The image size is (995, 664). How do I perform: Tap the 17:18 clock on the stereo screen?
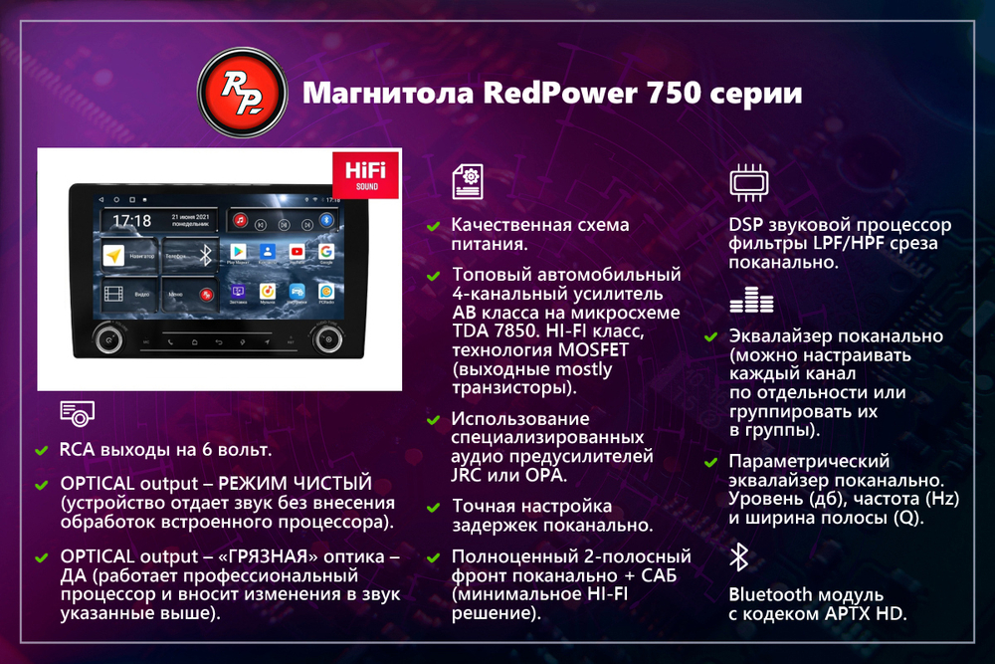point(132,220)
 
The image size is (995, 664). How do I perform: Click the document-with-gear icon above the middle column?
point(467,182)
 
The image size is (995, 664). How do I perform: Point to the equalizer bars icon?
point(750,301)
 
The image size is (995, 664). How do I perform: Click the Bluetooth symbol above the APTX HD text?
point(738,557)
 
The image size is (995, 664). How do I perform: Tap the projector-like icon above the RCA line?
point(78,413)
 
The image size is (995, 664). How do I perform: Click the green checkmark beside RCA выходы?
point(41,451)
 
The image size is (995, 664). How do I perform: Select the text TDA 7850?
point(496,331)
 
